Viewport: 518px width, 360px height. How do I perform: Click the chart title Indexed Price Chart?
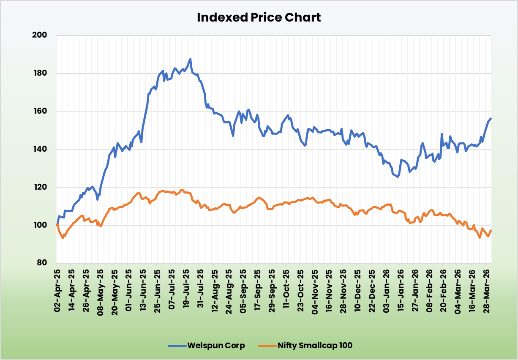point(259,17)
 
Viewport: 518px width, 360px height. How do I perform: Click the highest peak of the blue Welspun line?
point(191,59)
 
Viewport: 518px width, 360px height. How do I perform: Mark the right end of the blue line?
point(491,119)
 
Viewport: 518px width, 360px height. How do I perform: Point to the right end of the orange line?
point(491,230)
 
